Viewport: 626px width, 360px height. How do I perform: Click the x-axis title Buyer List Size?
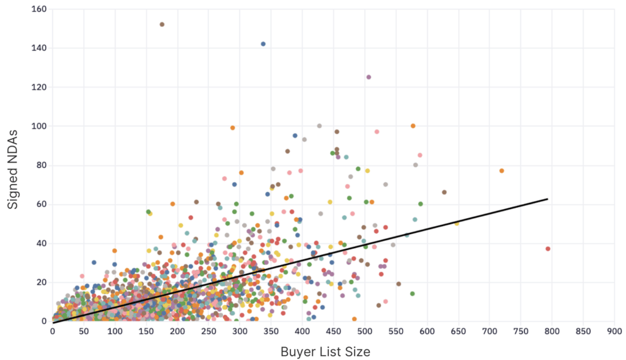325,351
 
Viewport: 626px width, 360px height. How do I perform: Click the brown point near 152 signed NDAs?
162,24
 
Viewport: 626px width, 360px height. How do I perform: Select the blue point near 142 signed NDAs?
263,44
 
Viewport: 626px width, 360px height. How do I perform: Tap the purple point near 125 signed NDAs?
369,77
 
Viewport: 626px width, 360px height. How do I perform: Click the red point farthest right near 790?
548,249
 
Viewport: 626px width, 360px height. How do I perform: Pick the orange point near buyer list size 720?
501,171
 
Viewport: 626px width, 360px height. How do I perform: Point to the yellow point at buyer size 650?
456,223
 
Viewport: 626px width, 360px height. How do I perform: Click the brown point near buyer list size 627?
444,192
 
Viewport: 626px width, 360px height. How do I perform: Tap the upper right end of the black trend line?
547,199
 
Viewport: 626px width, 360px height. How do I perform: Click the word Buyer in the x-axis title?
296,351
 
